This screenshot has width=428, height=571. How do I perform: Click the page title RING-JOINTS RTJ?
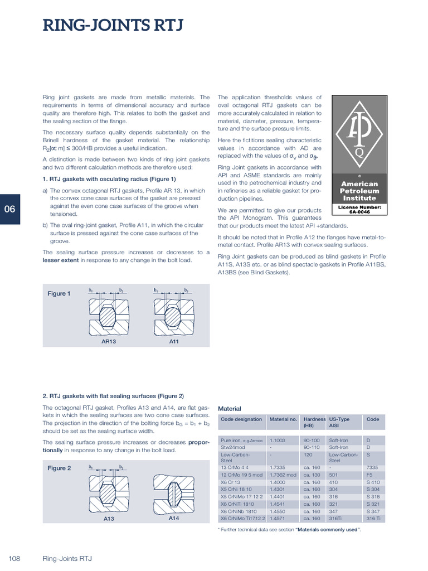(113, 26)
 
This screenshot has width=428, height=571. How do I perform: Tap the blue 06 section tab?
(10, 210)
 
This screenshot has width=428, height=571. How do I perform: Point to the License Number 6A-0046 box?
(359, 209)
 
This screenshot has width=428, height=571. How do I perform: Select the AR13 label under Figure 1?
(108, 341)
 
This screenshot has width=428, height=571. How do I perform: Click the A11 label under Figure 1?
(174, 341)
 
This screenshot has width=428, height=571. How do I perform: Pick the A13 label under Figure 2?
(109, 519)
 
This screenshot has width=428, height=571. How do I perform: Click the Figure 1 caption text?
(59, 294)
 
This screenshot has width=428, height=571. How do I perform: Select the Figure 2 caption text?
(59, 468)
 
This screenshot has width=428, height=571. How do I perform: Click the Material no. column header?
(283, 419)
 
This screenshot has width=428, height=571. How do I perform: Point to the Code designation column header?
(241, 419)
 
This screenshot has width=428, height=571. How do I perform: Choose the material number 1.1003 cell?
(278, 440)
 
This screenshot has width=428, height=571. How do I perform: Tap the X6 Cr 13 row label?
(230, 482)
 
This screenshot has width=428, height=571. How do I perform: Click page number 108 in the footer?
(14, 558)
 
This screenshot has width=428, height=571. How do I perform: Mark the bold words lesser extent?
(61, 260)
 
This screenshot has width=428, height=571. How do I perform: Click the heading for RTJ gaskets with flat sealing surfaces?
(113, 396)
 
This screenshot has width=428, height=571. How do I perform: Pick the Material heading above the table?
(229, 408)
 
